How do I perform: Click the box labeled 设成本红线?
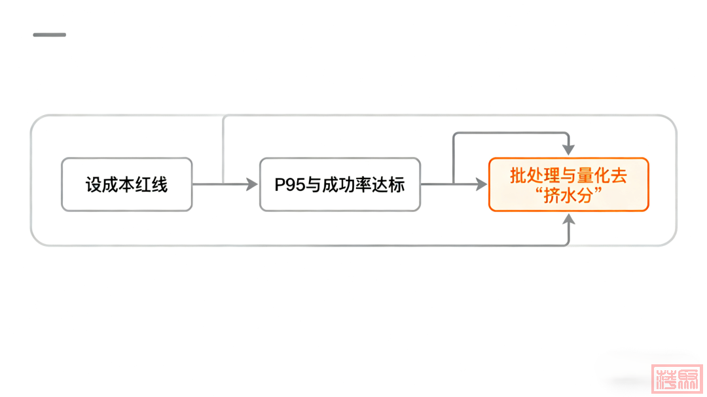[126, 184]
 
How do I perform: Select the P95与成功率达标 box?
[340, 184]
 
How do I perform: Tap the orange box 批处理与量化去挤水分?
[568, 184]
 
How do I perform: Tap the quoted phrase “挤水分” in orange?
[568, 194]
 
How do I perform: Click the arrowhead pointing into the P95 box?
[252, 184]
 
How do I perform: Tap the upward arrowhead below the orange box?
[568, 220]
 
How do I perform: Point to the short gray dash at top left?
[49, 35]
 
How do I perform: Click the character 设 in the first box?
[94, 184]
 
